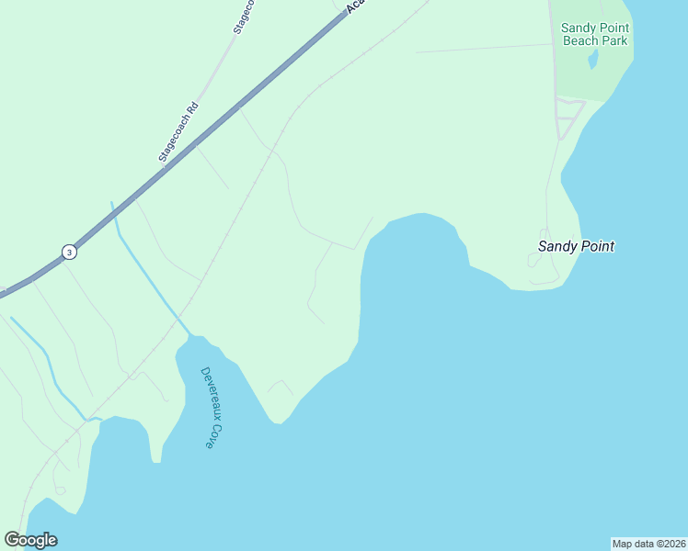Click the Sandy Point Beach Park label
pos(595,34)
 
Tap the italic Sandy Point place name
pos(576,246)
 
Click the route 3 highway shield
pos(69,252)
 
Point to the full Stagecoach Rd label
pos(178,132)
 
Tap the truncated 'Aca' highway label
pos(356,7)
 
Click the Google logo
pos(30,540)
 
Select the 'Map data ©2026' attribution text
pos(648,543)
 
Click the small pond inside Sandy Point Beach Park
pos(593,60)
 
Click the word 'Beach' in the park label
pos(581,40)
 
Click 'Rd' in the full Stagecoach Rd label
pos(192,108)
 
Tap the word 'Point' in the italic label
pos(596,246)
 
